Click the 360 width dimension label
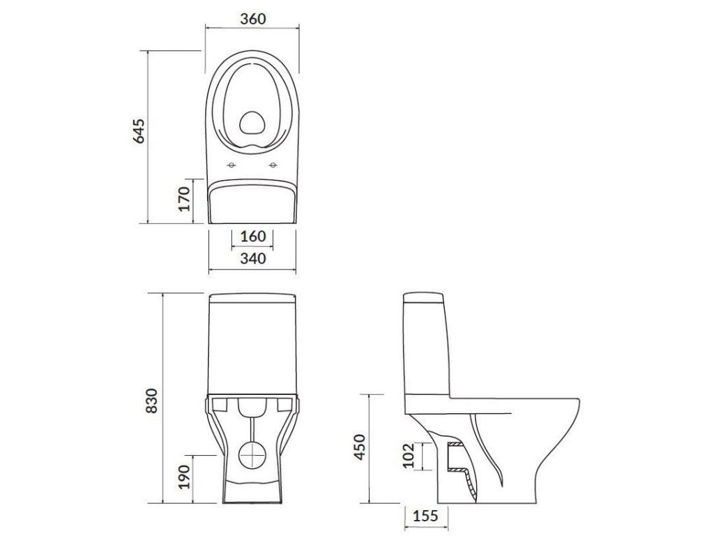click(x=252, y=19)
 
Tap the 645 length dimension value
click(x=139, y=131)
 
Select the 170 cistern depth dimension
click(x=183, y=199)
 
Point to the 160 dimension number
click(x=252, y=236)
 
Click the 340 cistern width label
click(x=252, y=258)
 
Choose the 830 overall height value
click(x=152, y=401)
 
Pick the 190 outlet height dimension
click(x=183, y=477)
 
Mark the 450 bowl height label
click(x=360, y=447)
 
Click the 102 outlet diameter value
click(x=409, y=455)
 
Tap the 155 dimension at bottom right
click(x=425, y=516)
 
